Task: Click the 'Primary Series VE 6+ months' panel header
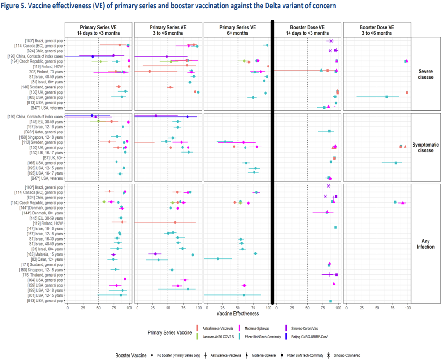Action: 238,30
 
